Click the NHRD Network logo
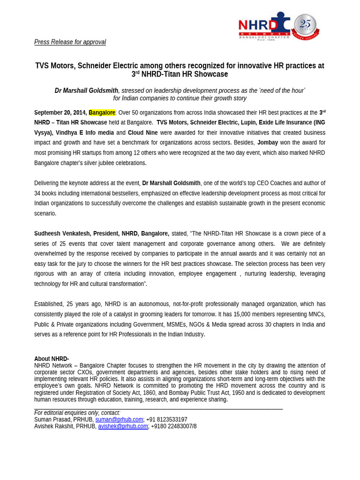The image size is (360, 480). [x=264, y=26]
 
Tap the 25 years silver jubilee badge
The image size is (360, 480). [x=305, y=26]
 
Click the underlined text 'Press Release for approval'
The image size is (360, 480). [x=70, y=42]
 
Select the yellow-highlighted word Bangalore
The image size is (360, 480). [x=102, y=112]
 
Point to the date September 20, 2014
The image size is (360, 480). [x=60, y=112]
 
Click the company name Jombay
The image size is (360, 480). [x=267, y=142]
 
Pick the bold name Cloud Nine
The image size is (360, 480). [x=142, y=133]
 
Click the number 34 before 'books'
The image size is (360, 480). [x=37, y=193]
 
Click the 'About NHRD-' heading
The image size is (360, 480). [x=52, y=359]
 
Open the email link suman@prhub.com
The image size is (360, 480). [x=119, y=420]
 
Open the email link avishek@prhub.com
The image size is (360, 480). [x=123, y=426]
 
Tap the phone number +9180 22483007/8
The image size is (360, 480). [x=173, y=426]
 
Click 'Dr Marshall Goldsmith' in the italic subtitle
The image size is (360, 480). [x=86, y=90]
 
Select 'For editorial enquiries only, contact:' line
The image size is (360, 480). [x=77, y=413]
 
